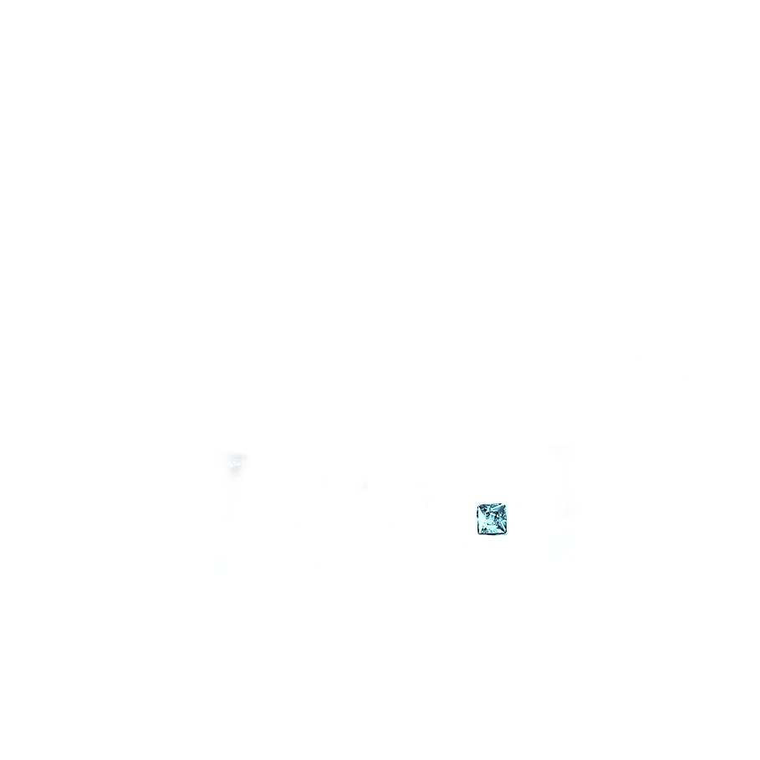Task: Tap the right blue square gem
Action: coord(492,518)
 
